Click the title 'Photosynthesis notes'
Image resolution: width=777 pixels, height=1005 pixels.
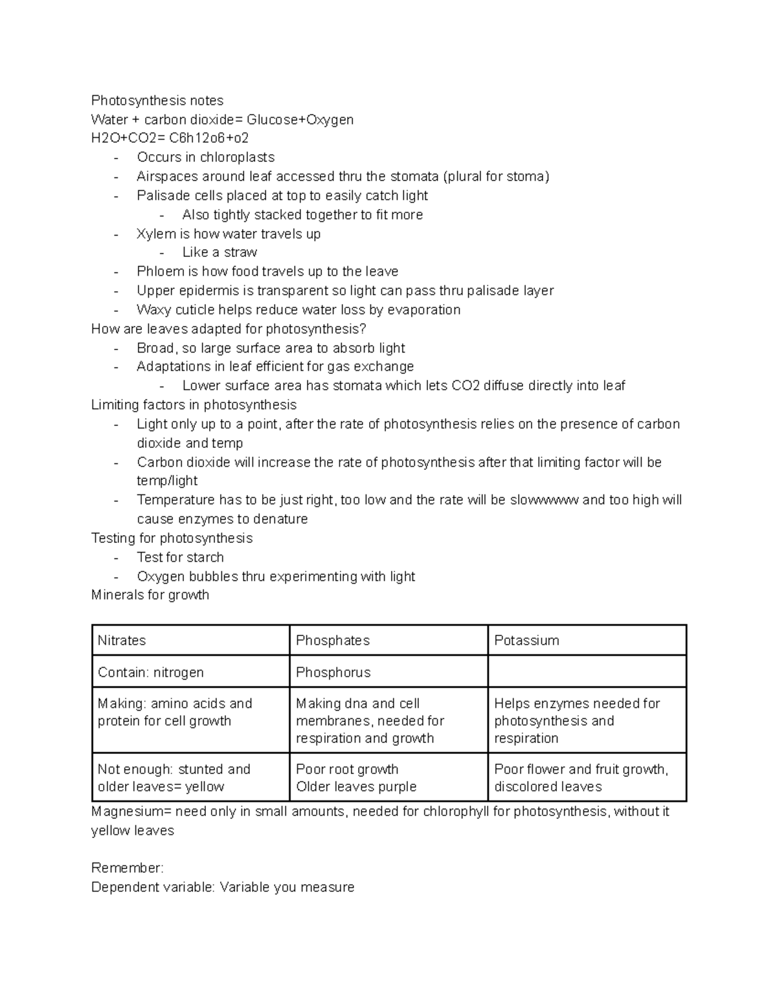(157, 100)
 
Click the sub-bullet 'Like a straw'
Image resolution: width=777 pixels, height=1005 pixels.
(220, 252)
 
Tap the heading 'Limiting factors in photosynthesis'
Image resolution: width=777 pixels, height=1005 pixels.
(194, 405)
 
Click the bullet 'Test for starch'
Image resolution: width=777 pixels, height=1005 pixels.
(180, 557)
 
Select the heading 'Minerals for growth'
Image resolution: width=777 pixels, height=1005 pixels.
(150, 595)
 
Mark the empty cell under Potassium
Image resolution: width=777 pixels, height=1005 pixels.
(586, 672)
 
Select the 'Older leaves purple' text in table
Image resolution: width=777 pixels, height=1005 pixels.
(356, 787)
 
